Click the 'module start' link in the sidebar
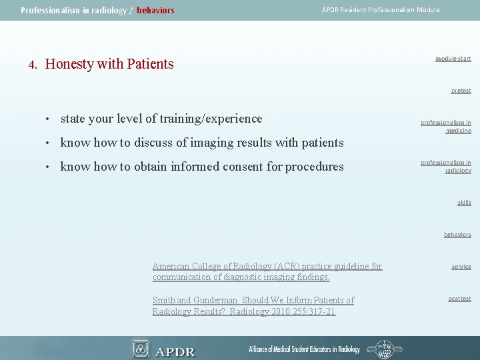click(453, 59)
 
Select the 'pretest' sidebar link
click(460, 91)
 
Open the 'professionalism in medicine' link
click(445, 127)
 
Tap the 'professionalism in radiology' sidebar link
click(445, 167)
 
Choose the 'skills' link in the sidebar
click(464, 203)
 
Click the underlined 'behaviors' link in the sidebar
click(457, 235)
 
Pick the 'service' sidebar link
click(461, 267)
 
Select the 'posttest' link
click(459, 299)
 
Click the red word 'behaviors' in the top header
click(155, 11)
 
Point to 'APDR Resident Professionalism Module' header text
click(381, 10)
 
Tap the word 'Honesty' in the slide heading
click(69, 64)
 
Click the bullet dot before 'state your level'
click(49, 119)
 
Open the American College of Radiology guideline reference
click(267, 271)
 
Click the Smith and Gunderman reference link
click(253, 306)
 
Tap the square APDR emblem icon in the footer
click(141, 349)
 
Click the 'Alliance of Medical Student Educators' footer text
click(304, 349)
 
